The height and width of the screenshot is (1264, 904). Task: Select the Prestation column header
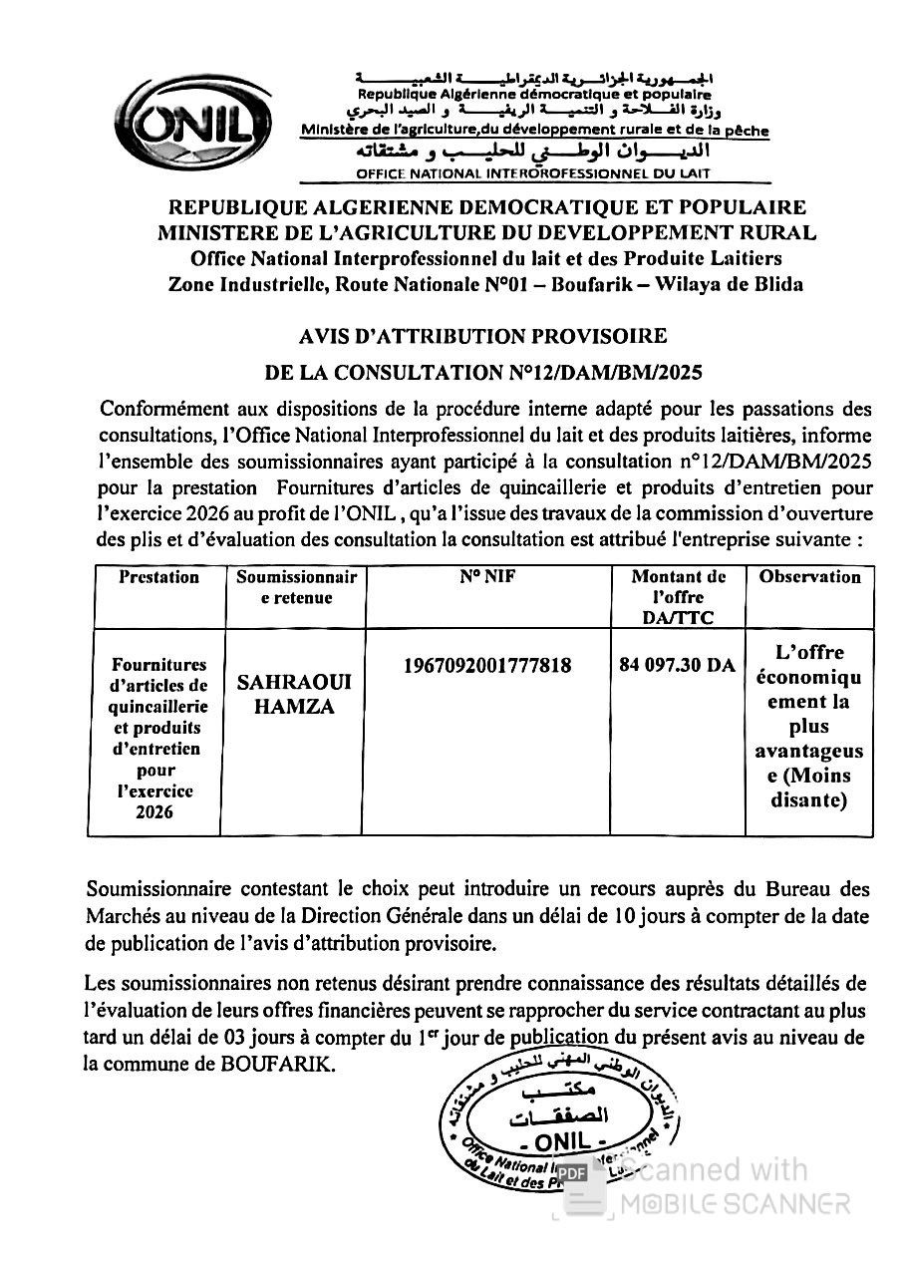158,577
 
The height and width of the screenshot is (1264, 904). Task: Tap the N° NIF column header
486,577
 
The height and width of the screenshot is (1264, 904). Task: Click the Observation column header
809,577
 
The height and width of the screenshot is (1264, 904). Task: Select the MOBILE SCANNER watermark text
736,1203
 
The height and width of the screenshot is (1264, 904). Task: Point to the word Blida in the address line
778,284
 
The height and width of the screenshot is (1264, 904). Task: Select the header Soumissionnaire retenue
295,587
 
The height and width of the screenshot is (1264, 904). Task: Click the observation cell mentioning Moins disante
809,726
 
